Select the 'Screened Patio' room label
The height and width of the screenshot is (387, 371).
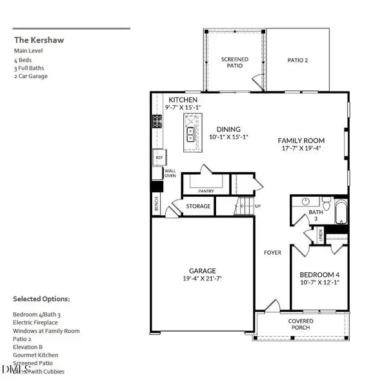234,63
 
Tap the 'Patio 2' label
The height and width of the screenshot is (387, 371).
298,60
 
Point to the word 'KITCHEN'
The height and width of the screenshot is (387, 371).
183,101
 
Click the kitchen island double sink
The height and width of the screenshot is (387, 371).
192,134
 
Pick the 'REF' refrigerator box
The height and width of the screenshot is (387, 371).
158,157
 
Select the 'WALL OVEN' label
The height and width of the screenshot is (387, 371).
170,174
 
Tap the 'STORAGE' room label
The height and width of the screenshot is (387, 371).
198,206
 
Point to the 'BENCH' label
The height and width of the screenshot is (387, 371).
157,204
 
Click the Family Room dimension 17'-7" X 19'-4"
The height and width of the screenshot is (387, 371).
301,148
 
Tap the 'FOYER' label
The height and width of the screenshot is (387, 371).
272,252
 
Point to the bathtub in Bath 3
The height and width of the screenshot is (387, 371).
340,210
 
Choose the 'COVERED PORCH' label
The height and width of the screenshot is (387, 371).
301,324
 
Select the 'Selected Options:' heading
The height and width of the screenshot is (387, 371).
41,299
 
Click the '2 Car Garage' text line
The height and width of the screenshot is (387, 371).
31,76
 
